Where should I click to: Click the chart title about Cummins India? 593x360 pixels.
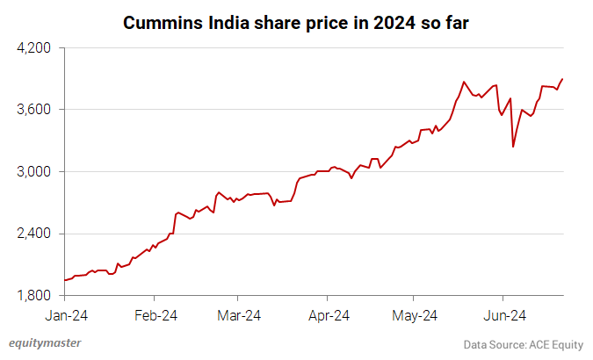coord(296,21)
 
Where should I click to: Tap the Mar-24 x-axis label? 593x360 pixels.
coord(239,313)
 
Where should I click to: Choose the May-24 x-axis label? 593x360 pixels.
coord(415,313)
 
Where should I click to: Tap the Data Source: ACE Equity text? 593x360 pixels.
coord(524,344)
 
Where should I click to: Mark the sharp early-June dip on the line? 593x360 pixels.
coord(513,147)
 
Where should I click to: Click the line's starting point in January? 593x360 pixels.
coord(65,280)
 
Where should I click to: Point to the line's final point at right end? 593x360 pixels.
coord(562,79)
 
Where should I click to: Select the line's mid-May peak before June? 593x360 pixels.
coord(463,82)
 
